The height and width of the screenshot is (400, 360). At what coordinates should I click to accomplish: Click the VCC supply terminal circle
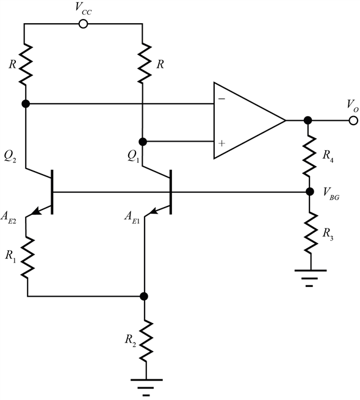coord(84,24)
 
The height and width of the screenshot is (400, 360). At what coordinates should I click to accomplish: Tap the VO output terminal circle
coord(352,120)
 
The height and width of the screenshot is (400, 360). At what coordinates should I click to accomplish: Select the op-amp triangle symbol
coord(247,120)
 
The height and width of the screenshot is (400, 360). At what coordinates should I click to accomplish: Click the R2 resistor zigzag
coord(145,339)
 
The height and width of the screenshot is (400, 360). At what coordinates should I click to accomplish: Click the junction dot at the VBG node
coord(309,192)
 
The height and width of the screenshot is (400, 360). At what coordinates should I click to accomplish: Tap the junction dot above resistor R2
coord(145,297)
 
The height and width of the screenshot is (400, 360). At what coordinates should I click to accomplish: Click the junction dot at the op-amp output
coord(309,120)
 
